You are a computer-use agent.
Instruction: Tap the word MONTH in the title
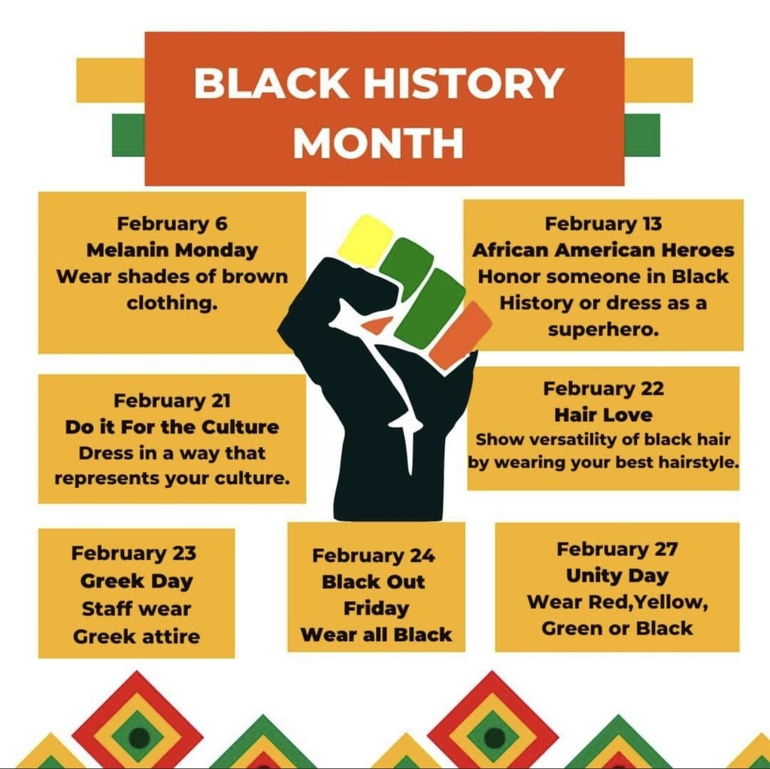tap(378, 143)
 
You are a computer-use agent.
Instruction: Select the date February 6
tap(172, 223)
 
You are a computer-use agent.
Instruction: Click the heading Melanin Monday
tap(172, 250)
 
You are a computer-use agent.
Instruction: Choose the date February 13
tap(603, 223)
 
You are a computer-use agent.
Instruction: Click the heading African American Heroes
tap(603, 250)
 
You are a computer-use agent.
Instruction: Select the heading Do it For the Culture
tap(172, 427)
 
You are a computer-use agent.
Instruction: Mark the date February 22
tap(603, 388)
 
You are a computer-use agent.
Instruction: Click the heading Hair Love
tap(603, 415)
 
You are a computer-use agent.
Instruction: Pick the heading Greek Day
tap(136, 581)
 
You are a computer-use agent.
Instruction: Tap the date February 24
tap(374, 555)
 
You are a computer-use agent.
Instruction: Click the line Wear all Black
tap(376, 634)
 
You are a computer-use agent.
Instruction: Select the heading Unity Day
tap(617, 576)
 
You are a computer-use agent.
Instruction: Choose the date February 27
tap(617, 549)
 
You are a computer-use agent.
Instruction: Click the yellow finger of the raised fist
tap(366, 240)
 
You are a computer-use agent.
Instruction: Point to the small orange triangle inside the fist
tap(377, 326)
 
